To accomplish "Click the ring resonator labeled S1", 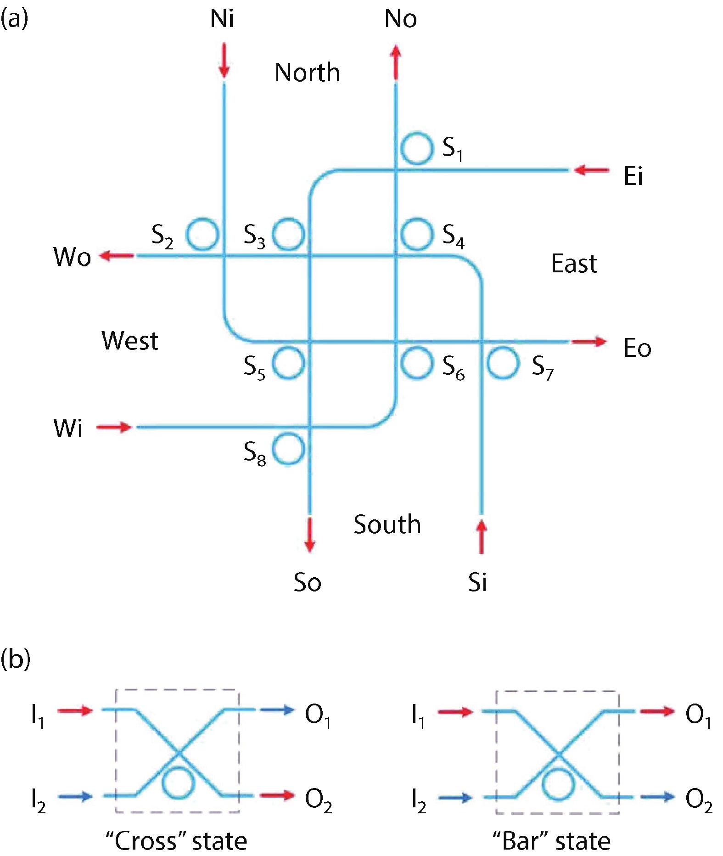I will [x=417, y=148].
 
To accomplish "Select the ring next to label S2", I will [x=202, y=234].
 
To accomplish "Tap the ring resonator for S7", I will [x=503, y=363].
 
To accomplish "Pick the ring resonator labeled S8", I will [x=288, y=449].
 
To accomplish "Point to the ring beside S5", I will [x=288, y=363].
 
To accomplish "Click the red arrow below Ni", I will [x=224, y=60].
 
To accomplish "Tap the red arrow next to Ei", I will [x=592, y=170].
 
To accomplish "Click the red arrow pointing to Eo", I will [x=589, y=342].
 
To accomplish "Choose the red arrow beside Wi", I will [x=114, y=427].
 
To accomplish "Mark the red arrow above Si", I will [x=481, y=536].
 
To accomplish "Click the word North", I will [x=307, y=73].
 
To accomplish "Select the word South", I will [x=387, y=524].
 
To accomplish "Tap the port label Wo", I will [x=72, y=257].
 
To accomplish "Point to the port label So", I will [x=307, y=582].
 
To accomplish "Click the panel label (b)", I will [x=15, y=659].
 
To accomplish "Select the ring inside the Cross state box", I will [x=178, y=783].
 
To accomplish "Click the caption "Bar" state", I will [x=551, y=841].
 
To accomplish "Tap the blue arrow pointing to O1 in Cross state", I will [x=277, y=710].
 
